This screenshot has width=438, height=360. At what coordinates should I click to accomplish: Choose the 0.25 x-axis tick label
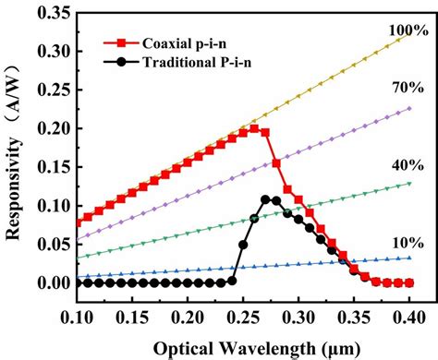click(231, 317)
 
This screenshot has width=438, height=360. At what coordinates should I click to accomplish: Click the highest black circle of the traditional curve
click(265, 199)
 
